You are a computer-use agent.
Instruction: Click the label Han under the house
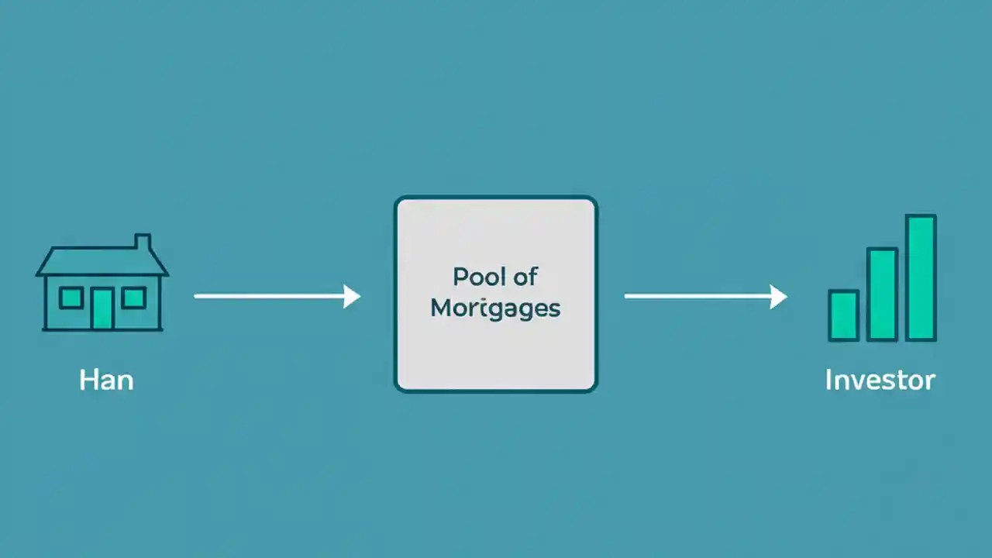(106, 381)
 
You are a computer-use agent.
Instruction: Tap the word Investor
(880, 380)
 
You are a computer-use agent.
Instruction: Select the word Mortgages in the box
(495, 308)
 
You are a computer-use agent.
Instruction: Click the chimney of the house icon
(143, 243)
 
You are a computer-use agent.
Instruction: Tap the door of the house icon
(102, 308)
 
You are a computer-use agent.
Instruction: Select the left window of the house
(71, 297)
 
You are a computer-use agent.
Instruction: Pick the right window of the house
(133, 297)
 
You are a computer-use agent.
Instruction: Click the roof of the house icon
(102, 262)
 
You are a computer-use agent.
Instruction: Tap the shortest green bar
(843, 315)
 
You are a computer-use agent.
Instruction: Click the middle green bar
(882, 294)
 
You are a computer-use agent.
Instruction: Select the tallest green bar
(921, 277)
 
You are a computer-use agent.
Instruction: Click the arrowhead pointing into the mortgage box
(353, 296)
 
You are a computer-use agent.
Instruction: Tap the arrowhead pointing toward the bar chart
(779, 296)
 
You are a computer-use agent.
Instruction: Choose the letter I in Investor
(828, 380)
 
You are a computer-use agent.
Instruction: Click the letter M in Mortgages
(440, 308)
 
